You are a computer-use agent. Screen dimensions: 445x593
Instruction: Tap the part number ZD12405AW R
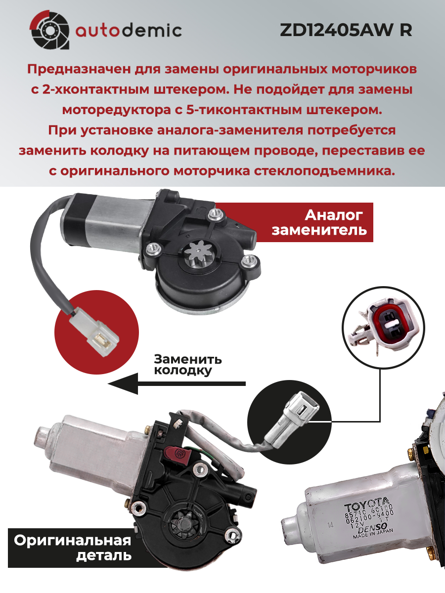[346, 30]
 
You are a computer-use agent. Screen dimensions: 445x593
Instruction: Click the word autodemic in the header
[129, 31]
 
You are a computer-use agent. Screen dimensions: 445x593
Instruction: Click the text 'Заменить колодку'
[188, 365]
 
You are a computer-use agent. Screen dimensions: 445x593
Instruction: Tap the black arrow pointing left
[177, 383]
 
